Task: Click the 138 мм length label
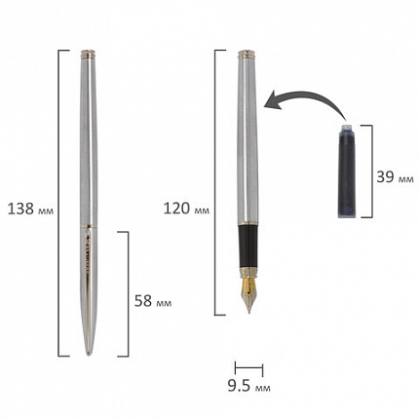coord(30,209)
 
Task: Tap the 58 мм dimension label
coord(153,301)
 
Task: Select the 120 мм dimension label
coord(186,209)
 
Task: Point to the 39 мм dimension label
coord(395,177)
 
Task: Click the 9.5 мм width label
coord(248,386)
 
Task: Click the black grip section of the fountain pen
coord(248,247)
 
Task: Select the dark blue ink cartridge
coord(347,171)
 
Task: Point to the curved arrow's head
coord(271,99)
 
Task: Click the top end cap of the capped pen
coord(88,54)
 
